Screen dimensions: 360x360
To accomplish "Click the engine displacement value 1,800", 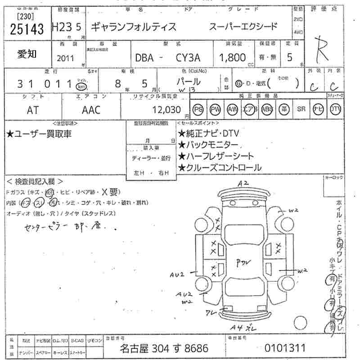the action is pos(232,58).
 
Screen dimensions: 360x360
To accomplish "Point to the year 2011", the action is pos(67,58).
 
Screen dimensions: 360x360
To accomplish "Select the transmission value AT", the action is pos(33,110).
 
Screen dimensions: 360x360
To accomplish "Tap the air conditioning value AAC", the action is pos(91,110).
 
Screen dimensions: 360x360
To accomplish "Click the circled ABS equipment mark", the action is pos(267,109).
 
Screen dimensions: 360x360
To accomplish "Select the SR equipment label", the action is pos(301,109).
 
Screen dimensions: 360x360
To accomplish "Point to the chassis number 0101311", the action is pos(285,348).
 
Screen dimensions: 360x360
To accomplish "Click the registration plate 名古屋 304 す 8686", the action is pos(163,348).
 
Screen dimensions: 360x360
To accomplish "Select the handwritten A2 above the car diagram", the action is pos(243,183).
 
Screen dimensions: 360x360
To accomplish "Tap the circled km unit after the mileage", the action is pos(81,85).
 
